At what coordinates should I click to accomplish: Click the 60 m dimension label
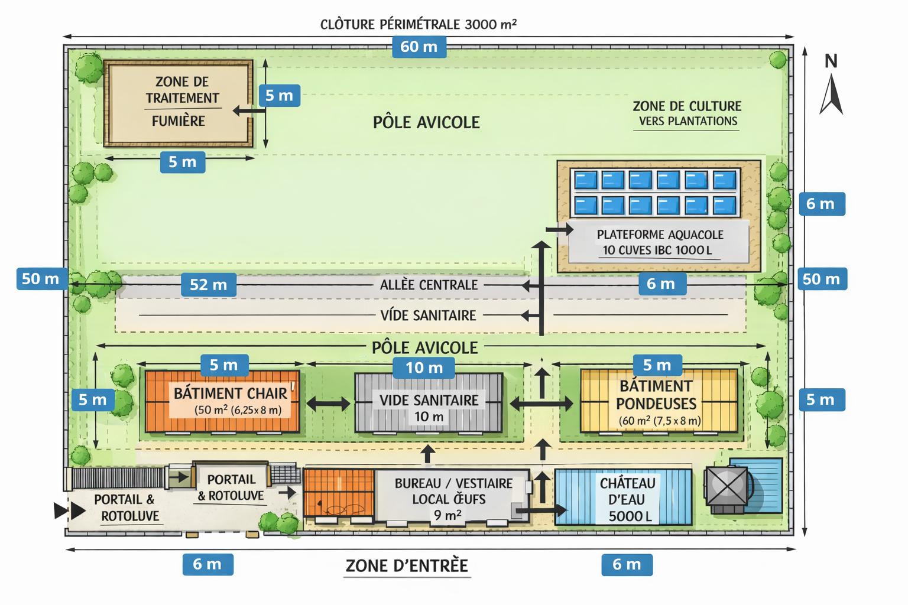pyautogui.click(x=419, y=47)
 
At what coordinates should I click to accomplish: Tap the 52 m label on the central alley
pyautogui.click(x=209, y=285)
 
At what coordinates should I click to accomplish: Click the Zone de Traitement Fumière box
pyautogui.click(x=179, y=103)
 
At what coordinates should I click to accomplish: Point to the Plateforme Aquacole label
pyautogui.click(x=659, y=242)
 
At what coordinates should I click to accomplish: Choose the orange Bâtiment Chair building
pyautogui.click(x=222, y=402)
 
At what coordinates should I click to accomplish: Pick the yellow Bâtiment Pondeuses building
pyautogui.click(x=659, y=402)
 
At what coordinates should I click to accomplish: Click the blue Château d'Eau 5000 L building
pyautogui.click(x=624, y=497)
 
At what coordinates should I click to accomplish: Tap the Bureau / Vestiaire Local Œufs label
pyautogui.click(x=453, y=499)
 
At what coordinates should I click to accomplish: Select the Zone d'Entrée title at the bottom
pyautogui.click(x=407, y=565)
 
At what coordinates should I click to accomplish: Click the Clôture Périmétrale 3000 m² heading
pyautogui.click(x=419, y=24)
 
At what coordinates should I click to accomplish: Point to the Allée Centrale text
pyautogui.click(x=429, y=285)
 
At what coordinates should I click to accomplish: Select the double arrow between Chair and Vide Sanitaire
pyautogui.click(x=328, y=404)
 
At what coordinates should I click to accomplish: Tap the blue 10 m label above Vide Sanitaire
pyautogui.click(x=424, y=367)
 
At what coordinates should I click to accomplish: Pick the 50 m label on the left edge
pyautogui.click(x=40, y=279)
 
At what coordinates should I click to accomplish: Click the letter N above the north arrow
pyautogui.click(x=831, y=61)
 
